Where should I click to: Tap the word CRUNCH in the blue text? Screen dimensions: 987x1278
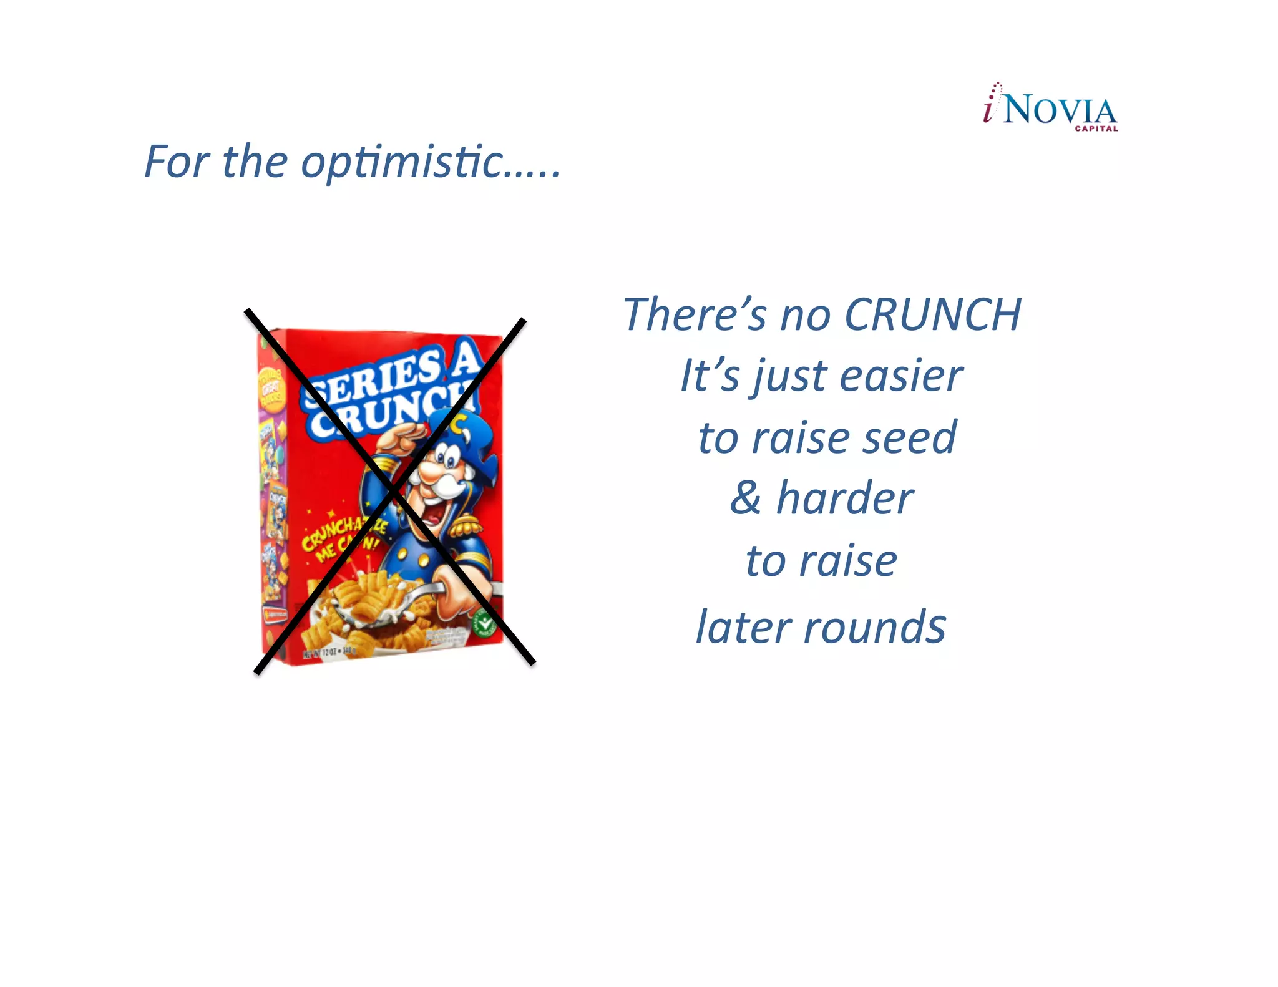[932, 314]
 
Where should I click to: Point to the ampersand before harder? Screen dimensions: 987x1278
[746, 498]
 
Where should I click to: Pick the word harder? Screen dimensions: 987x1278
[845, 498]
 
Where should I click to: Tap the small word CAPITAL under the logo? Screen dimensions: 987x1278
[1096, 129]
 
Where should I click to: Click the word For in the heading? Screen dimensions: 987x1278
[177, 162]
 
